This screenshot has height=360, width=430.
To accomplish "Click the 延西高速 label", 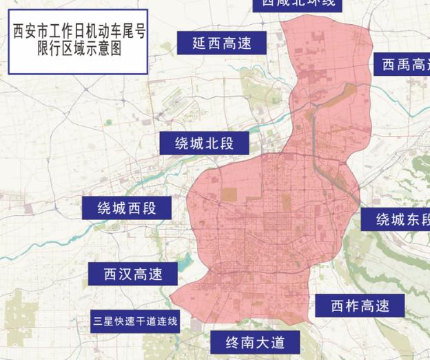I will pos(221,43).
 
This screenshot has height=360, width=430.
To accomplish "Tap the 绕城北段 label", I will pos(204,143).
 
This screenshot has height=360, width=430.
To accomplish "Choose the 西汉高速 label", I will pos(133,274).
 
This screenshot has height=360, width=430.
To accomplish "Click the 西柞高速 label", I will pos(359,306).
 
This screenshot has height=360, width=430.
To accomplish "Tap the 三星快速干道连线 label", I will pos(135,321).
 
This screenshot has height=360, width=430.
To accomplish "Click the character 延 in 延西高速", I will pos(199,43).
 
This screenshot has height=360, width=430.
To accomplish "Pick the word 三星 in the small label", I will pos(103,321).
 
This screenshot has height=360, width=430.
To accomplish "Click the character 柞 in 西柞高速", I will pos(351,306).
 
